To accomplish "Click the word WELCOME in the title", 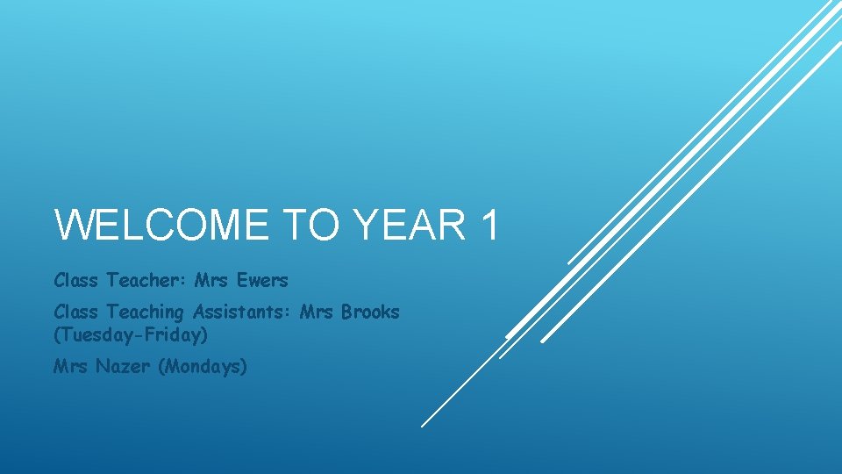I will (161, 224).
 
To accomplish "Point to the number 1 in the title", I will (489, 224).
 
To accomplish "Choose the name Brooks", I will (370, 312).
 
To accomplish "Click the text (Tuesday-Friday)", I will (131, 334).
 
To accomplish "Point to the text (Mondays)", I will (203, 366).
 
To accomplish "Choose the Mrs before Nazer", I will (70, 366).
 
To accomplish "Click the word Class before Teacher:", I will (75, 281).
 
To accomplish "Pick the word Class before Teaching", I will (75, 312).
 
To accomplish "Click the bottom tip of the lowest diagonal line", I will (422, 426).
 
